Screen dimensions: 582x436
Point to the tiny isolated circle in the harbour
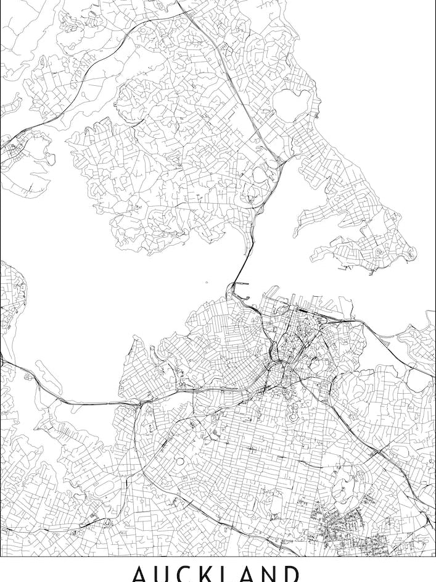(x=207, y=284)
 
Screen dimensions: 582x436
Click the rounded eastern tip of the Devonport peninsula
(x=410, y=252)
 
